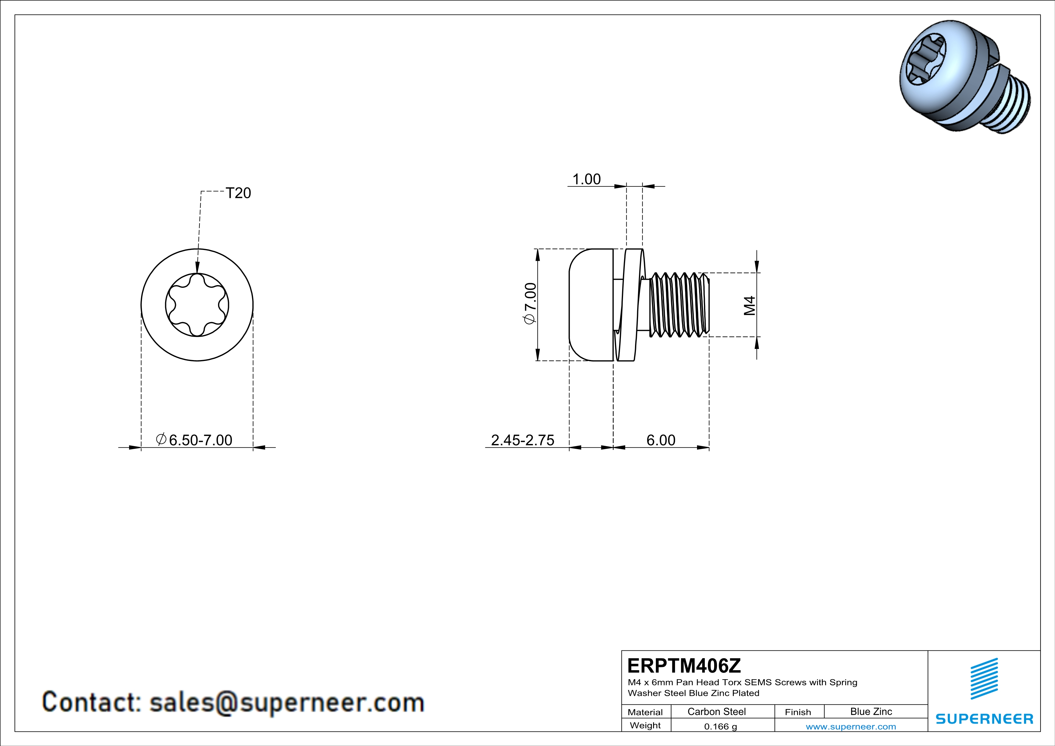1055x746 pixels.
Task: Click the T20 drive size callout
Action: pos(239,193)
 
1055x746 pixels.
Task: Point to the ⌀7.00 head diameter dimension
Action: pos(530,304)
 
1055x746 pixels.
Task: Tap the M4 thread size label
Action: pos(749,306)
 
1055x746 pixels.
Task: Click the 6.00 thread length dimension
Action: pos(661,440)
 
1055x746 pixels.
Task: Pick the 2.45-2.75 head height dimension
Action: pos(523,440)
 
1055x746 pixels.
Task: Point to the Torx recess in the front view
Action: pos(197,305)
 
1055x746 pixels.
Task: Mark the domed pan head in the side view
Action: pos(591,304)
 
